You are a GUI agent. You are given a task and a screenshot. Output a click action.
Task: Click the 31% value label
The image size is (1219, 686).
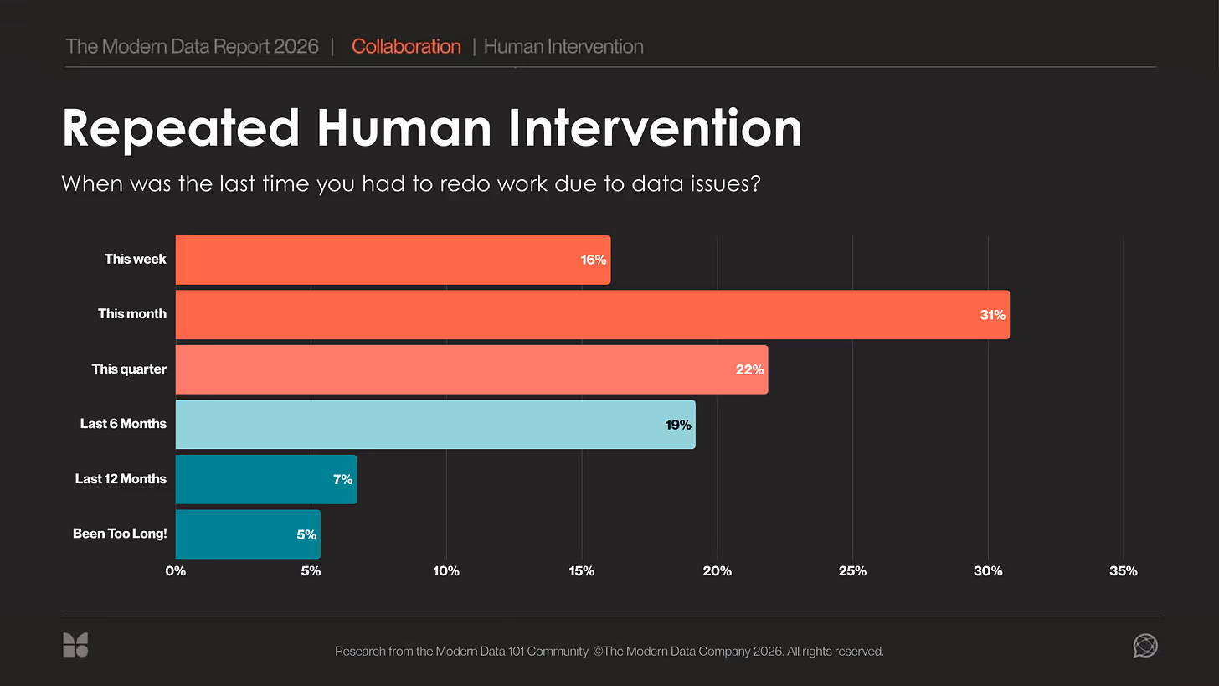(993, 315)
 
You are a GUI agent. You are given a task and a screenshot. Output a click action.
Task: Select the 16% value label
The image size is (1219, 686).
(593, 260)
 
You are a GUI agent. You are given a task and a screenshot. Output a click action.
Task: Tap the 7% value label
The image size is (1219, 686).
(342, 479)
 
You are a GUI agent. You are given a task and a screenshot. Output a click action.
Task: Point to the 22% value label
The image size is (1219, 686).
(749, 369)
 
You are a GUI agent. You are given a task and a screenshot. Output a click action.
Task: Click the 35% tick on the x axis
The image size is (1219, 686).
(1123, 571)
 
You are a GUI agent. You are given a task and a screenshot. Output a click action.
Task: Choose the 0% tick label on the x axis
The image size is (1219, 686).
(176, 571)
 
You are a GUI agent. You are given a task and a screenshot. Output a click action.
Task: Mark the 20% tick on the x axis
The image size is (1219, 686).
(717, 571)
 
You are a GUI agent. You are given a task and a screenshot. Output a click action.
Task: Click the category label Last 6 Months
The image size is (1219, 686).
(123, 424)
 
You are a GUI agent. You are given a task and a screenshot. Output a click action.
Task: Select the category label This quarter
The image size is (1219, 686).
(129, 369)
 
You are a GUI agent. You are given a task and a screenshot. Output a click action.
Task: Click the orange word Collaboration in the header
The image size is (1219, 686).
(406, 47)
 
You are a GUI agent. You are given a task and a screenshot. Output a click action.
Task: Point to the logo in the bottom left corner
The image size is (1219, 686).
(75, 645)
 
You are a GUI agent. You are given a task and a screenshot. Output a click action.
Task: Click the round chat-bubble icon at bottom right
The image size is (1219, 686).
(1144, 645)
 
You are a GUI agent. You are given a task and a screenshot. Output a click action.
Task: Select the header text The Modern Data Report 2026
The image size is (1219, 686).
(192, 47)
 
